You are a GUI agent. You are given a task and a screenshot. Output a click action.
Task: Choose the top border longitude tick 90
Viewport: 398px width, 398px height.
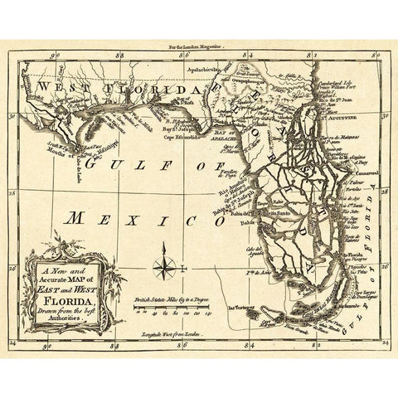55,58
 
